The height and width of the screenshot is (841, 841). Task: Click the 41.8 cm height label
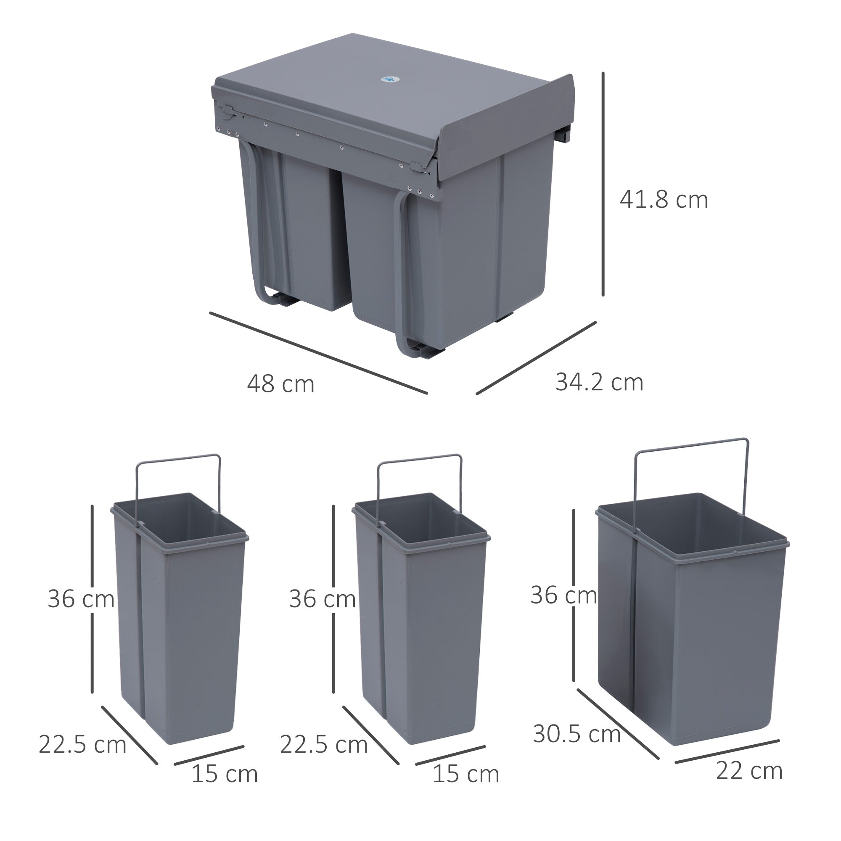point(664,200)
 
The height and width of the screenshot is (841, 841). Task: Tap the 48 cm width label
point(281,384)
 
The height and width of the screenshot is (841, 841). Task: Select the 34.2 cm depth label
point(599,382)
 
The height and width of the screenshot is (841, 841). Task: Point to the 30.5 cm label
point(577,734)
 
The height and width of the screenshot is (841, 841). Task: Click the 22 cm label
point(749,771)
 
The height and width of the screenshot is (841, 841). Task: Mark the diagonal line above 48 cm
point(318,353)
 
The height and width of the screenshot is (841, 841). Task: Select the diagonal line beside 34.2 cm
point(536,358)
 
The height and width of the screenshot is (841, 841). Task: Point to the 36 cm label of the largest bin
point(564,595)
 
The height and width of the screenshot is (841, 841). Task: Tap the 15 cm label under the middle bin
point(466,774)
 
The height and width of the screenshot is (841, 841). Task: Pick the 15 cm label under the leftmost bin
point(225,774)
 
